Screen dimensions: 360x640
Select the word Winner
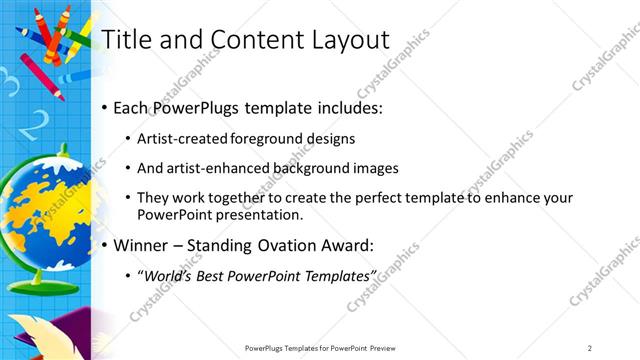coord(142,244)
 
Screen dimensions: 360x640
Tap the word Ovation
coord(291,244)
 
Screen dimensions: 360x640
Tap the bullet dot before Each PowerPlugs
coord(105,107)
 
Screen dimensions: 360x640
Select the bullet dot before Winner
coord(105,244)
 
